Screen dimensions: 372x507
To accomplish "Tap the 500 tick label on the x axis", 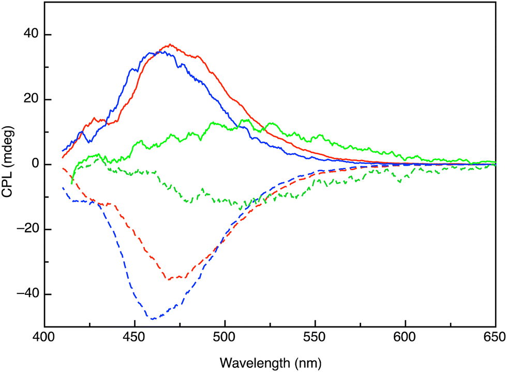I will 225,337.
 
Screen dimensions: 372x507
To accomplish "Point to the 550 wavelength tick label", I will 315,337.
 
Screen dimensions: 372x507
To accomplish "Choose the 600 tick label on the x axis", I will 405,337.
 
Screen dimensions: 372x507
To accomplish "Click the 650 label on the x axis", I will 494,337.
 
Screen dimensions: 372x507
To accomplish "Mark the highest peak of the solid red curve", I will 170,44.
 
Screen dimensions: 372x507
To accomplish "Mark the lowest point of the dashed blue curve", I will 153,319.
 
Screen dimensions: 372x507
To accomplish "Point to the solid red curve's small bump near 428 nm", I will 94,118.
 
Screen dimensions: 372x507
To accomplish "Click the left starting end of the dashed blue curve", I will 63,188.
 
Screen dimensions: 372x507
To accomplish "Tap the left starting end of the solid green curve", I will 72,183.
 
